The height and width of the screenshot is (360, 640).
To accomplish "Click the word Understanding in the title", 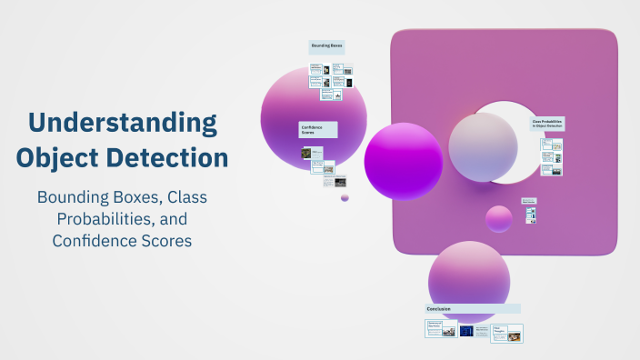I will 123,123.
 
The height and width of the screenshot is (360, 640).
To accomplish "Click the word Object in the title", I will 61,157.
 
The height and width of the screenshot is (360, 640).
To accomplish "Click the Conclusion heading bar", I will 473,309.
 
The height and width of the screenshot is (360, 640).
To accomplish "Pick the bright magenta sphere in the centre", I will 404,161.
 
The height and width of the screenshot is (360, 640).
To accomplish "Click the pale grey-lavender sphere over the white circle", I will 483,147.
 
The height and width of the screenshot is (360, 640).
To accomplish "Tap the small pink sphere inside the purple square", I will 499,219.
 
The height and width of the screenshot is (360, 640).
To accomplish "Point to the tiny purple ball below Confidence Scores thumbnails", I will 345,197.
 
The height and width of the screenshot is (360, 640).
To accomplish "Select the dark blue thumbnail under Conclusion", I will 466,331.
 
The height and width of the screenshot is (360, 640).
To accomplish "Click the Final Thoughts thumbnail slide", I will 506,333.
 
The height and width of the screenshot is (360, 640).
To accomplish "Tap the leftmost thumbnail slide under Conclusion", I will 440,329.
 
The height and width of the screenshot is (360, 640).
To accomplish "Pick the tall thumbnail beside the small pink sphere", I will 531,215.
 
